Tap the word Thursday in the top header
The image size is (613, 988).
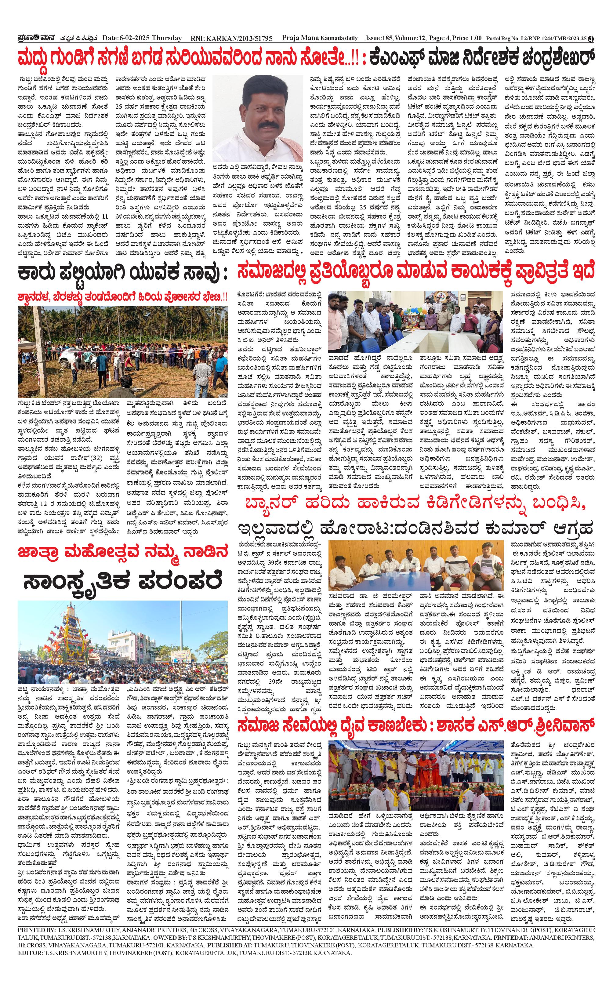[167, 38]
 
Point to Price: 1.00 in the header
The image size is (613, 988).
[468, 38]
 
